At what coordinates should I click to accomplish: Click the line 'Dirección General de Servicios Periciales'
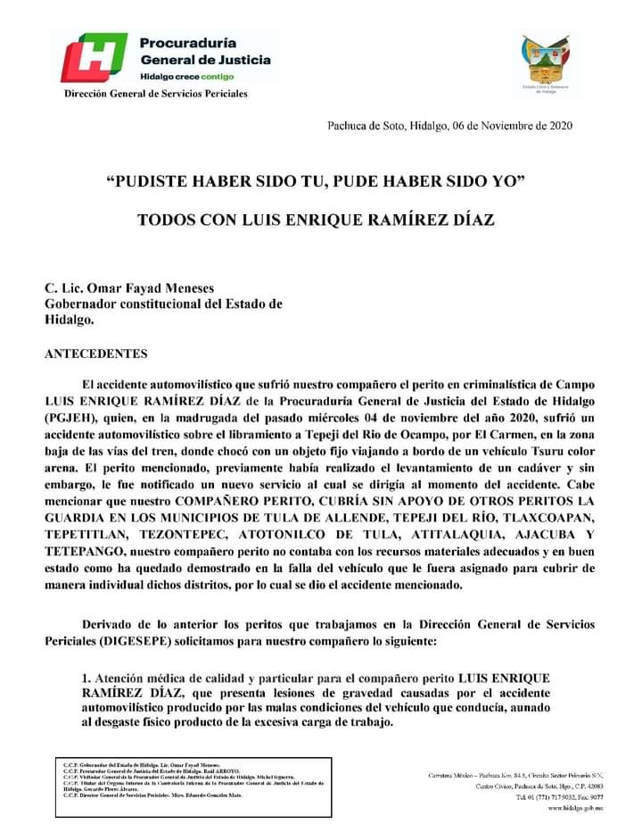pos(155,94)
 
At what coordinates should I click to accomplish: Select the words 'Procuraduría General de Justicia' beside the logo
pos(205,51)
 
